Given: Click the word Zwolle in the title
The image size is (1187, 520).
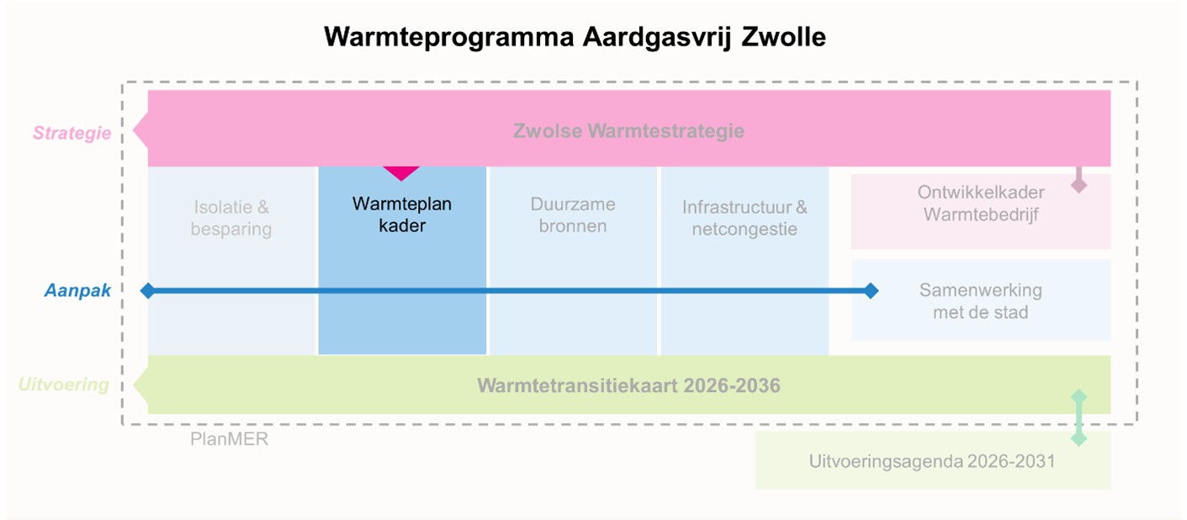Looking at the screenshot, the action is (783, 37).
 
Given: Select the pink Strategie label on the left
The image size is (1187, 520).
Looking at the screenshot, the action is (72, 133).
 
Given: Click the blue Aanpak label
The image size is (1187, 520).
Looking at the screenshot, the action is (78, 290).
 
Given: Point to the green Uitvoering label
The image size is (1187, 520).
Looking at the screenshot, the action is (64, 385).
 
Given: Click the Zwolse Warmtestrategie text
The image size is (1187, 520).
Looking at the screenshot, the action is (628, 131).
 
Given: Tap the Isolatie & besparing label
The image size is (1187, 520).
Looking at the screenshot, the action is (231, 217).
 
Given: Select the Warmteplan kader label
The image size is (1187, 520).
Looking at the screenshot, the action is (401, 215).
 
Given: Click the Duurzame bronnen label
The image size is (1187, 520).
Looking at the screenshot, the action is (573, 215).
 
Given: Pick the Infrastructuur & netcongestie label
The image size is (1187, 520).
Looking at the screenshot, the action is (745, 217).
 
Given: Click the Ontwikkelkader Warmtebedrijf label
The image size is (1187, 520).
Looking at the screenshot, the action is (981, 203).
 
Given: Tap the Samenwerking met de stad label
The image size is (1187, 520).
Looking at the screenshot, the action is (980, 300).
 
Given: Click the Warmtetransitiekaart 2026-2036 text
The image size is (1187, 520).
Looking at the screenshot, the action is (628, 385).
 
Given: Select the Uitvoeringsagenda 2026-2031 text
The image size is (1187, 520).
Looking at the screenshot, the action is (931, 461).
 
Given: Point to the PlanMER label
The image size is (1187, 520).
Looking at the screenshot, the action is (230, 439).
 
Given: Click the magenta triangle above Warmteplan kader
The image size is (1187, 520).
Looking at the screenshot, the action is (401, 173).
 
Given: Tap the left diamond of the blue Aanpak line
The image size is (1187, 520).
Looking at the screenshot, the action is (148, 290).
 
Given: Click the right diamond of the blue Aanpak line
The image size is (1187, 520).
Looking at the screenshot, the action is (871, 290).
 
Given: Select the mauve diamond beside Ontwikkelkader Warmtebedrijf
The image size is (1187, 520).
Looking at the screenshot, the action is (1078, 185).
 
